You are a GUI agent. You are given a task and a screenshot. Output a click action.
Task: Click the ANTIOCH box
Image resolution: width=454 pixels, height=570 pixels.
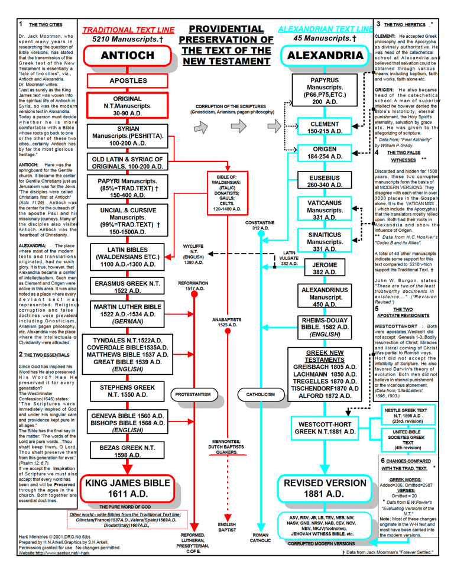(128, 56)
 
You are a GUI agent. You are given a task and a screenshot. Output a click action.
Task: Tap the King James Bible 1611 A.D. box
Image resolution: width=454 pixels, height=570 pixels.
(128, 488)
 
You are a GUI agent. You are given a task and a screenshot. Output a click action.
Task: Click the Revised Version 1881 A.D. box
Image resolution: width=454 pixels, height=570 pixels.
(325, 488)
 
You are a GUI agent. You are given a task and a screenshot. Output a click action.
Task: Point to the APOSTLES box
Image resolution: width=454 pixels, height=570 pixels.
(128, 80)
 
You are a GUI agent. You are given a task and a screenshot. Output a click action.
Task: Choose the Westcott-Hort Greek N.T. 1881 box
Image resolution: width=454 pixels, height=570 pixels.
(325, 428)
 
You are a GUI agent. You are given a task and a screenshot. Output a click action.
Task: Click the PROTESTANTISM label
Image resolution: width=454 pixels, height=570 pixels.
(193, 394)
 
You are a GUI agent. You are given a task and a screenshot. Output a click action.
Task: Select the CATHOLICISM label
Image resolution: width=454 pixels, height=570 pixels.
(260, 394)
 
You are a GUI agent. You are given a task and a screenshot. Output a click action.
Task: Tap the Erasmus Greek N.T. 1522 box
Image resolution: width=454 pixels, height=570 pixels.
(128, 287)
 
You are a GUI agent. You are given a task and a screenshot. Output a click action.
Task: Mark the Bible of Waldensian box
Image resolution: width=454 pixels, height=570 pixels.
(228, 193)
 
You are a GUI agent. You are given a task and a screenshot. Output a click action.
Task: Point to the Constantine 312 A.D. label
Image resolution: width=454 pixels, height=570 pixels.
(260, 225)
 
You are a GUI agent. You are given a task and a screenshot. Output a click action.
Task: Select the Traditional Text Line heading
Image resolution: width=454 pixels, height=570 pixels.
(128, 30)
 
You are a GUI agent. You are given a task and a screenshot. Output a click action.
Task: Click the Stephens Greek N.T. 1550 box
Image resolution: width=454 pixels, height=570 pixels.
(128, 391)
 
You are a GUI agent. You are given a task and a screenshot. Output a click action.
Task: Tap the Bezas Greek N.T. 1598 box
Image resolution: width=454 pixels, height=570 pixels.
(128, 451)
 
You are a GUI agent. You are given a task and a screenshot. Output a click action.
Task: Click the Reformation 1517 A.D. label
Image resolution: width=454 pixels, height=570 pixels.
(193, 286)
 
